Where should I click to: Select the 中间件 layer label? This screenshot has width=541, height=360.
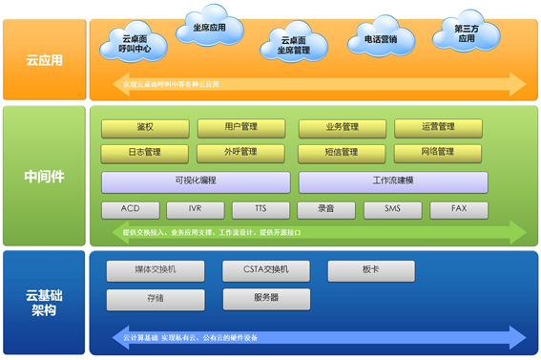45,177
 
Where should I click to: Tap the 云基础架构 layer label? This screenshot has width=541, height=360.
45,302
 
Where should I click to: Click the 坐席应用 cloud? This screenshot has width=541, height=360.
208,29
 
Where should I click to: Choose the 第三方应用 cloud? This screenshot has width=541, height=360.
466,34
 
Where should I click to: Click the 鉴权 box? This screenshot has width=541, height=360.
144,127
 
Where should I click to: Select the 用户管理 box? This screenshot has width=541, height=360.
240,127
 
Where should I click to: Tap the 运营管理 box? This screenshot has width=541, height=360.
438,127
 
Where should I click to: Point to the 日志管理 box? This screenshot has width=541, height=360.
144,152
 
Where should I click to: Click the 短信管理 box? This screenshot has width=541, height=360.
342,152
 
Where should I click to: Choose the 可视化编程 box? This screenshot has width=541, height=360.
196,180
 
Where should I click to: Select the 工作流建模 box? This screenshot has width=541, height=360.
392,180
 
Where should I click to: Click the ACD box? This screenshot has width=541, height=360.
134,209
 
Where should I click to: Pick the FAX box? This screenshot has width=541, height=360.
459,209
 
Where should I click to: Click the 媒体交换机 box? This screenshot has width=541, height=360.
155,270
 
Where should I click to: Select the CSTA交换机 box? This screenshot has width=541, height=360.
266,270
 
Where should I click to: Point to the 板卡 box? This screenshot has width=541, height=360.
371,270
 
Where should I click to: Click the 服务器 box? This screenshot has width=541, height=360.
266,298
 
